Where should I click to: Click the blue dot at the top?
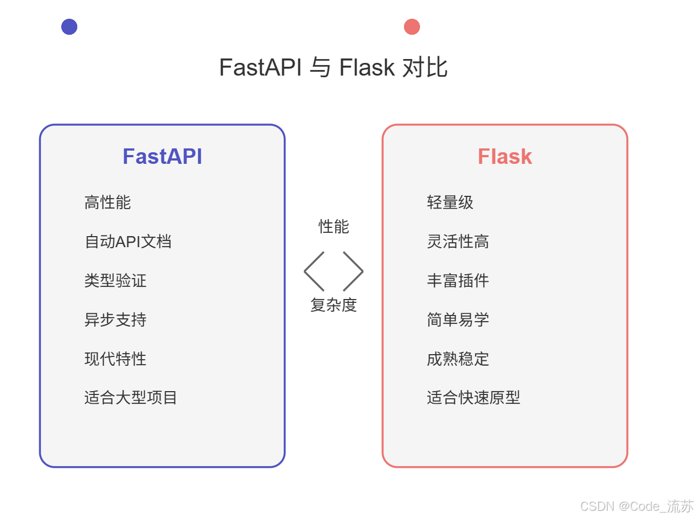69,26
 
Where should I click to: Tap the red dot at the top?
412,26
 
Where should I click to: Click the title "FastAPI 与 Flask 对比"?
333,68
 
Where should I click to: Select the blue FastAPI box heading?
162,157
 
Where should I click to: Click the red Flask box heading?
504,157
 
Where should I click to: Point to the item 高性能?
108,202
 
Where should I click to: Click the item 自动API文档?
128,242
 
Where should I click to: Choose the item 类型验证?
115,281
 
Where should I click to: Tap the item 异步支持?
115,320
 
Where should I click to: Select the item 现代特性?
115,359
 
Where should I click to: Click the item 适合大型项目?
131,398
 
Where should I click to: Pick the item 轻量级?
450,202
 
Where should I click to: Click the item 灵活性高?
458,242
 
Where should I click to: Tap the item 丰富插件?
458,281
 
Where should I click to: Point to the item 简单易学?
458,320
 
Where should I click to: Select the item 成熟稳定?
458,359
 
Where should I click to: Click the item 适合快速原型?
473,398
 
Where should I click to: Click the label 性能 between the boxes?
333,226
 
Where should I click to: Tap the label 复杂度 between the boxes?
333,305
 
